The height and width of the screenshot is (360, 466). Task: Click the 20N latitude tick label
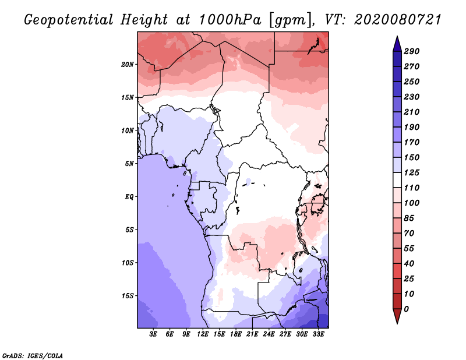pos(128,65)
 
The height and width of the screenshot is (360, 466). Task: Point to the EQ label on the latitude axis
pos(129,197)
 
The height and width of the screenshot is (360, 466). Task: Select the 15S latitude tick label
pos(128,296)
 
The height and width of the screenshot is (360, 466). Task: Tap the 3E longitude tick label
pos(153,334)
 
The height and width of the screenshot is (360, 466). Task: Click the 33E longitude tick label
pos(318,334)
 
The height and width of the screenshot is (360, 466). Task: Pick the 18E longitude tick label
pos(236,334)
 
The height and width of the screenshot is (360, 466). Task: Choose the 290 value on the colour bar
pos(412,51)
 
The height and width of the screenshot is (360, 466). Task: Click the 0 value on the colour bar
pos(406,309)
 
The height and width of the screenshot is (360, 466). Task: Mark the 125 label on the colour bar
pos(412,172)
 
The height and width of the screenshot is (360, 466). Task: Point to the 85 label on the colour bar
pos(409,218)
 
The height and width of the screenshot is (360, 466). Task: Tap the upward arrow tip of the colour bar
pos(397,36)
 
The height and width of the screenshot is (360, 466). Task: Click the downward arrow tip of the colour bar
pos(397,323)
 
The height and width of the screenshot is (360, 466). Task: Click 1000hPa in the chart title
pos(230,20)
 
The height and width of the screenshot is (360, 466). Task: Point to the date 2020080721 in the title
pos(397,20)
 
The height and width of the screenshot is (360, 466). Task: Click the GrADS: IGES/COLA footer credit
pos(33,355)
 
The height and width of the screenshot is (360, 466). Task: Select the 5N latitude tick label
pos(129,164)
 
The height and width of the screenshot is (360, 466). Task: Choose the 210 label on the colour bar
pos(412,112)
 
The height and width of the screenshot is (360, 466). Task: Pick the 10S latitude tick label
pos(128,263)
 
